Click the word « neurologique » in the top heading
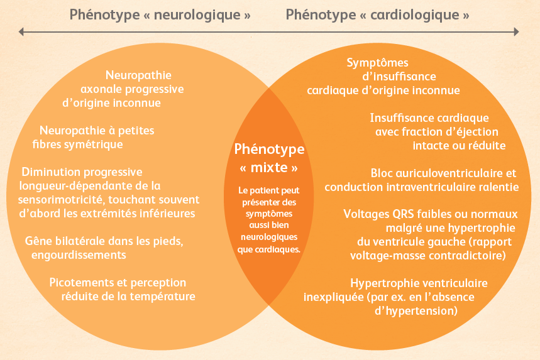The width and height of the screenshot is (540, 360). [197, 15]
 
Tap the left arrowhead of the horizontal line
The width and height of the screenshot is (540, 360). [21, 32]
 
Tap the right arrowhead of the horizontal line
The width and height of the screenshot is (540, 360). [516, 31]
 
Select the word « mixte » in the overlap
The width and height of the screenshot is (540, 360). [269, 168]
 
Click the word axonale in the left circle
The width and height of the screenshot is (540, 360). [102, 89]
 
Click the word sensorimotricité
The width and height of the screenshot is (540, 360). [62, 200]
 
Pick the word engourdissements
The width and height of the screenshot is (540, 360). [79, 255]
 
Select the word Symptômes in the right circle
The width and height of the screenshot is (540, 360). [377, 63]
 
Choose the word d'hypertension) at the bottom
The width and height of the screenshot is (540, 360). [416, 311]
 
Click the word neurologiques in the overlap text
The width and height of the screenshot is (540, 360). [269, 237]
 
